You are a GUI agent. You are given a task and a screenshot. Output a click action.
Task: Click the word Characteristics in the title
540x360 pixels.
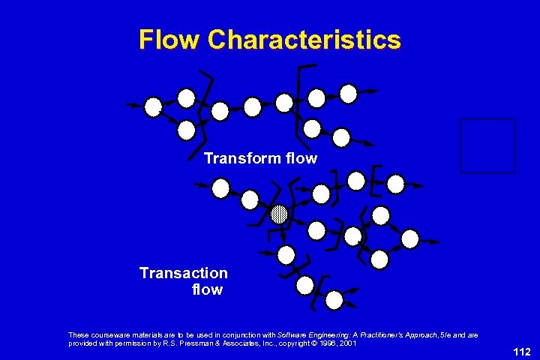304,39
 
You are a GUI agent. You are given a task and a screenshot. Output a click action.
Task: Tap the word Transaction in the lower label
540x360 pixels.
184,273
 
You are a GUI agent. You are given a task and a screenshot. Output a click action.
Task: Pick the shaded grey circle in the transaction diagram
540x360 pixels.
279,214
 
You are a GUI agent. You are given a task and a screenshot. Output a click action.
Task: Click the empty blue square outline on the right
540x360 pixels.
487,145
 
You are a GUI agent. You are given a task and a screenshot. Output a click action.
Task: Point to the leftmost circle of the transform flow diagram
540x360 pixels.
153,107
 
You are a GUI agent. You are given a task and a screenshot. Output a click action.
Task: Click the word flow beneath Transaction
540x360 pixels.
207,289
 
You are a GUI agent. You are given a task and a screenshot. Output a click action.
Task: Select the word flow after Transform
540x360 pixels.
301,159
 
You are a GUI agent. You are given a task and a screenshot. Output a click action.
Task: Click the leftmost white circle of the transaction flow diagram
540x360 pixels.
220,188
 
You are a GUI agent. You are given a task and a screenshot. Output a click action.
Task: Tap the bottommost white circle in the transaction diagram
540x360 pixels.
334,300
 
